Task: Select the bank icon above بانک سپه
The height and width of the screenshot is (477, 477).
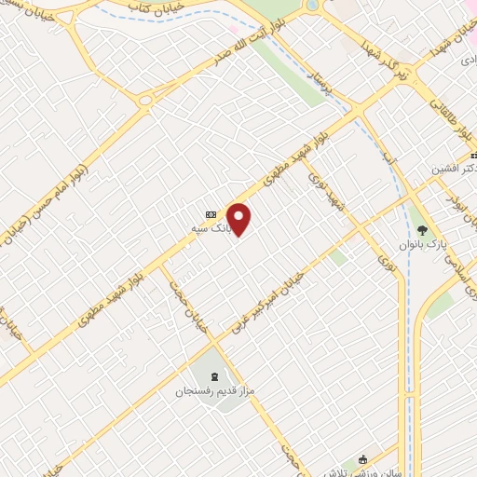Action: coord(211,211)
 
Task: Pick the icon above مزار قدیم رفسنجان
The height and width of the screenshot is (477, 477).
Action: coord(216,377)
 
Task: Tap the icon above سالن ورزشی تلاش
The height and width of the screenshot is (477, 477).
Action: coord(363,459)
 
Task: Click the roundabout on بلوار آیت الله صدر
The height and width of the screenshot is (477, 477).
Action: coord(145,102)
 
